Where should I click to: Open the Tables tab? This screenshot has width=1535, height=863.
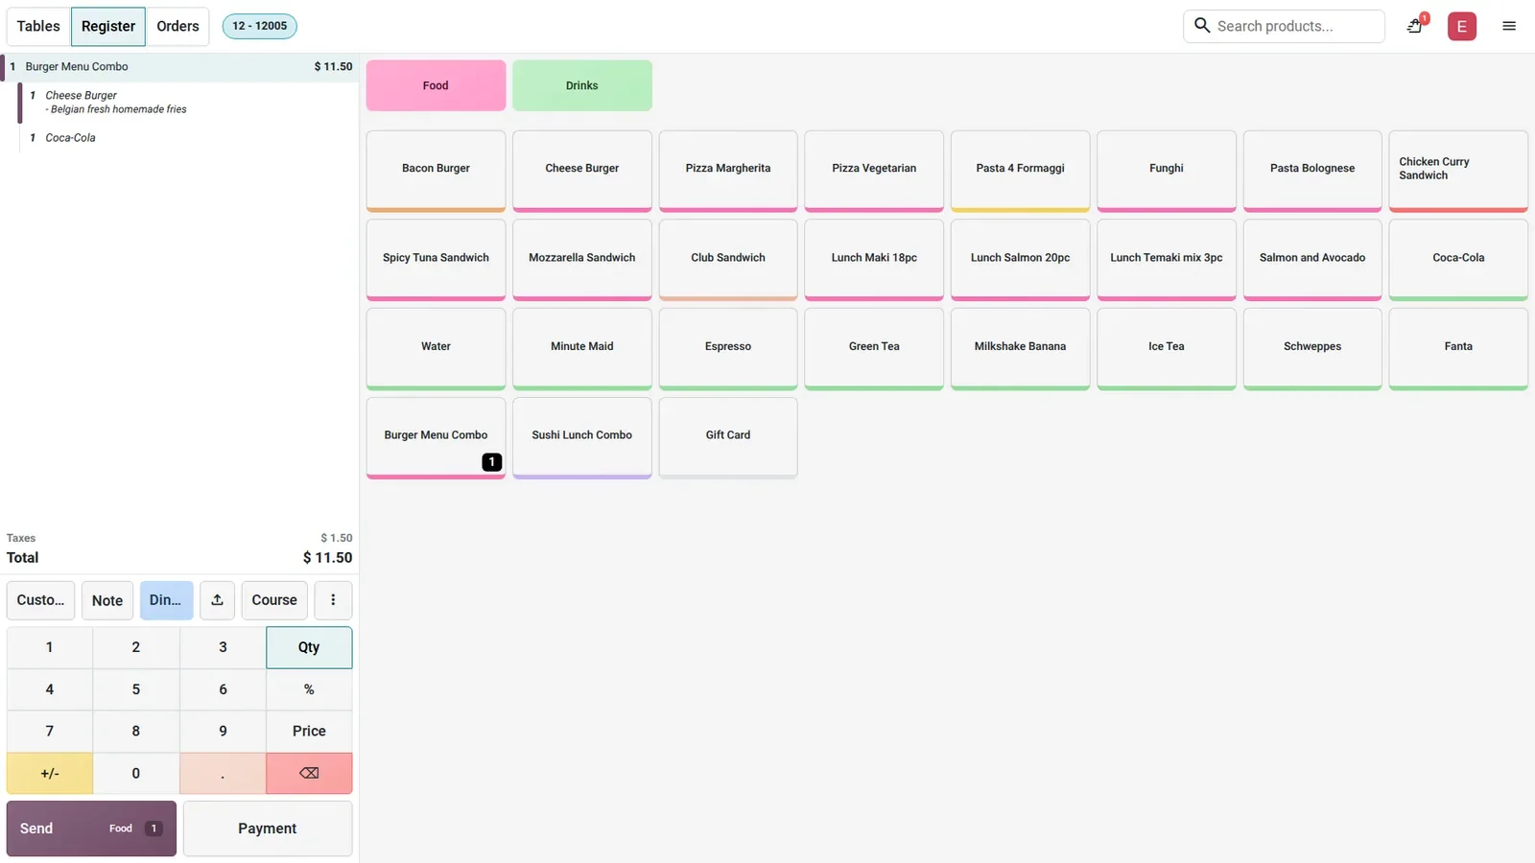38,26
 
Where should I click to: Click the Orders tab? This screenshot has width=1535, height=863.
177,26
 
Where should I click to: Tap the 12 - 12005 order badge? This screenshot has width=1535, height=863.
259,26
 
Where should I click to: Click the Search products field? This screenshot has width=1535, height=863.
1284,26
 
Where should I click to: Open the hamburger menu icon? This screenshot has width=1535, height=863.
1509,26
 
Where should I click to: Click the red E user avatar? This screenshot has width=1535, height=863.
1462,26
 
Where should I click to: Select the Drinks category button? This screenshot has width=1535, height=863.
581,85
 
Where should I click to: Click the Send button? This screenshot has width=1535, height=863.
91,828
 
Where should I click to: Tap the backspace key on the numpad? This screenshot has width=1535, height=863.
309,773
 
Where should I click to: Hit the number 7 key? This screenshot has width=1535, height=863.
49,731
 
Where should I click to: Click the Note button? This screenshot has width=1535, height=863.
106,600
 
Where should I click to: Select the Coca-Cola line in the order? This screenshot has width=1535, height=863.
70,138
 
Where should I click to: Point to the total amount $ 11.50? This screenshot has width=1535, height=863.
327,557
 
